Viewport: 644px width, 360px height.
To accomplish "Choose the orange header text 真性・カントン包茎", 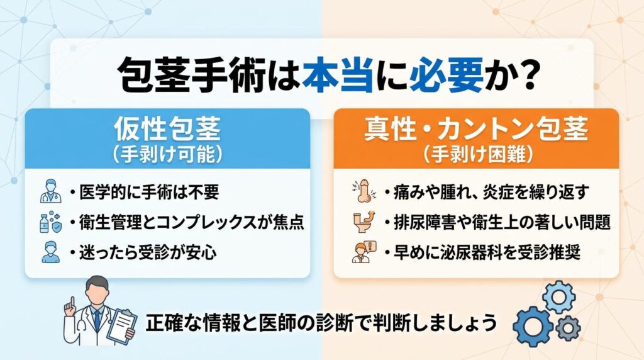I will pos(476,130).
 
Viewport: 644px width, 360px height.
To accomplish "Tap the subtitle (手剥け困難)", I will pos(476,153).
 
